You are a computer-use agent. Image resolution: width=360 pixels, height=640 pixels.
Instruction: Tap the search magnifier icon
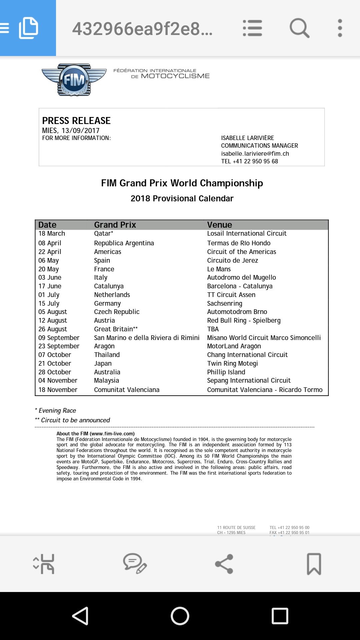pyautogui.click(x=299, y=28)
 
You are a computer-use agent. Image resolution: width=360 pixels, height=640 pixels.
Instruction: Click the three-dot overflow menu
pyautogui.click(x=340, y=28)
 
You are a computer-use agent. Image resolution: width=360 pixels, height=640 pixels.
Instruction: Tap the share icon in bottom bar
pyautogui.click(x=224, y=564)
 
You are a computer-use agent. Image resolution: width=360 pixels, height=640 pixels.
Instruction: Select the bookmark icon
pyautogui.click(x=314, y=564)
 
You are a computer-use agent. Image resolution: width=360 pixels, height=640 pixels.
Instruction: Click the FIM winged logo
pyautogui.click(x=74, y=80)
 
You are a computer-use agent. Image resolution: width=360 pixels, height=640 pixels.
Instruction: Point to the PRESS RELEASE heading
pyautogui.click(x=76, y=121)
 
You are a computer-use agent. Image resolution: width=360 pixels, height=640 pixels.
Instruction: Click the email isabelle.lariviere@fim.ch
pyautogui.click(x=255, y=154)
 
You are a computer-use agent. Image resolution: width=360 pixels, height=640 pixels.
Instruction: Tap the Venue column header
pyautogui.click(x=219, y=225)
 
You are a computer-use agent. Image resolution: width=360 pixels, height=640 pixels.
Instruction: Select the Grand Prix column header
pyautogui.click(x=115, y=225)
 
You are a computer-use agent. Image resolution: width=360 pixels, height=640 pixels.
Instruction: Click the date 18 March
pyautogui.click(x=52, y=234)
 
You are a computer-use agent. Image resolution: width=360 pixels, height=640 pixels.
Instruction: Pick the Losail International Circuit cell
pyautogui.click(x=247, y=234)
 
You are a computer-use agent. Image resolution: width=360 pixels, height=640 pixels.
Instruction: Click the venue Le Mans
pyautogui.click(x=219, y=269)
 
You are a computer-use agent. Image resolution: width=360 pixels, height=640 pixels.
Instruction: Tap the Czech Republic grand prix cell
pyautogui.click(x=117, y=312)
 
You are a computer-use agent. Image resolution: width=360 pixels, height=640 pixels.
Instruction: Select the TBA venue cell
pyautogui.click(x=213, y=329)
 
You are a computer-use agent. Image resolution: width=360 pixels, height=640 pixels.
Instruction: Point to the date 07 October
pyautogui.click(x=55, y=355)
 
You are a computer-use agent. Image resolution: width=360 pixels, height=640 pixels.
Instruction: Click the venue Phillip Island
pyautogui.click(x=226, y=372)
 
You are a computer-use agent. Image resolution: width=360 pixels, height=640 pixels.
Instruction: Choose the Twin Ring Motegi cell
pyautogui.click(x=232, y=364)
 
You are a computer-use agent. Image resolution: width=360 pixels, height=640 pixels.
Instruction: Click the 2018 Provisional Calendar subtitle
pyautogui.click(x=182, y=199)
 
